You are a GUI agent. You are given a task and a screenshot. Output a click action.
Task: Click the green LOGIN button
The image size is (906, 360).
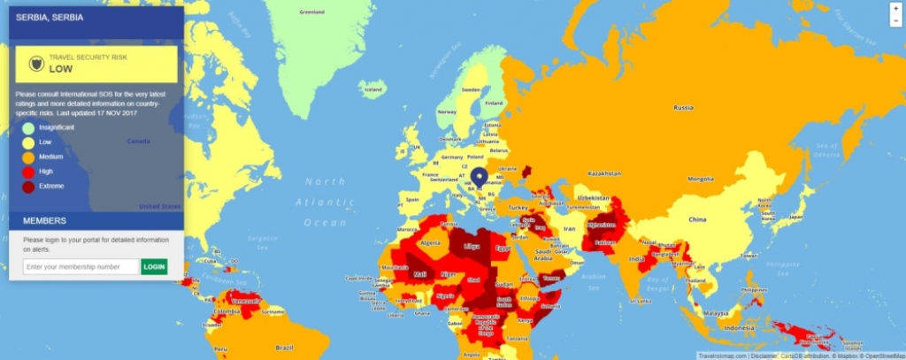[x=154, y=266]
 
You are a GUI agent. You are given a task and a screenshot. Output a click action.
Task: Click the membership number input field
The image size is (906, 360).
[x=81, y=266]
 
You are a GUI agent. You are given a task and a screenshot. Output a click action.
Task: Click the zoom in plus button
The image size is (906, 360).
[x=895, y=8]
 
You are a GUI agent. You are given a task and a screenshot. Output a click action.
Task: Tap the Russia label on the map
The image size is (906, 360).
[x=682, y=108]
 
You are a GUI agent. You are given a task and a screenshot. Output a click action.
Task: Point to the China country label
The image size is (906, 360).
[x=698, y=218]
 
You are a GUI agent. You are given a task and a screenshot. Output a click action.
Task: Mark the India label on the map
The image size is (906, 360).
[x=636, y=258]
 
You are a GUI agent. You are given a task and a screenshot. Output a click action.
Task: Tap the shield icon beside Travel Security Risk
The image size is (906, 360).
[x=36, y=64]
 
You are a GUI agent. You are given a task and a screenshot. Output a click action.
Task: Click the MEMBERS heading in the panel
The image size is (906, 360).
[x=44, y=220]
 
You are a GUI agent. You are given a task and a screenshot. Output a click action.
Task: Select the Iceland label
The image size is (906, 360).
[x=373, y=89]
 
